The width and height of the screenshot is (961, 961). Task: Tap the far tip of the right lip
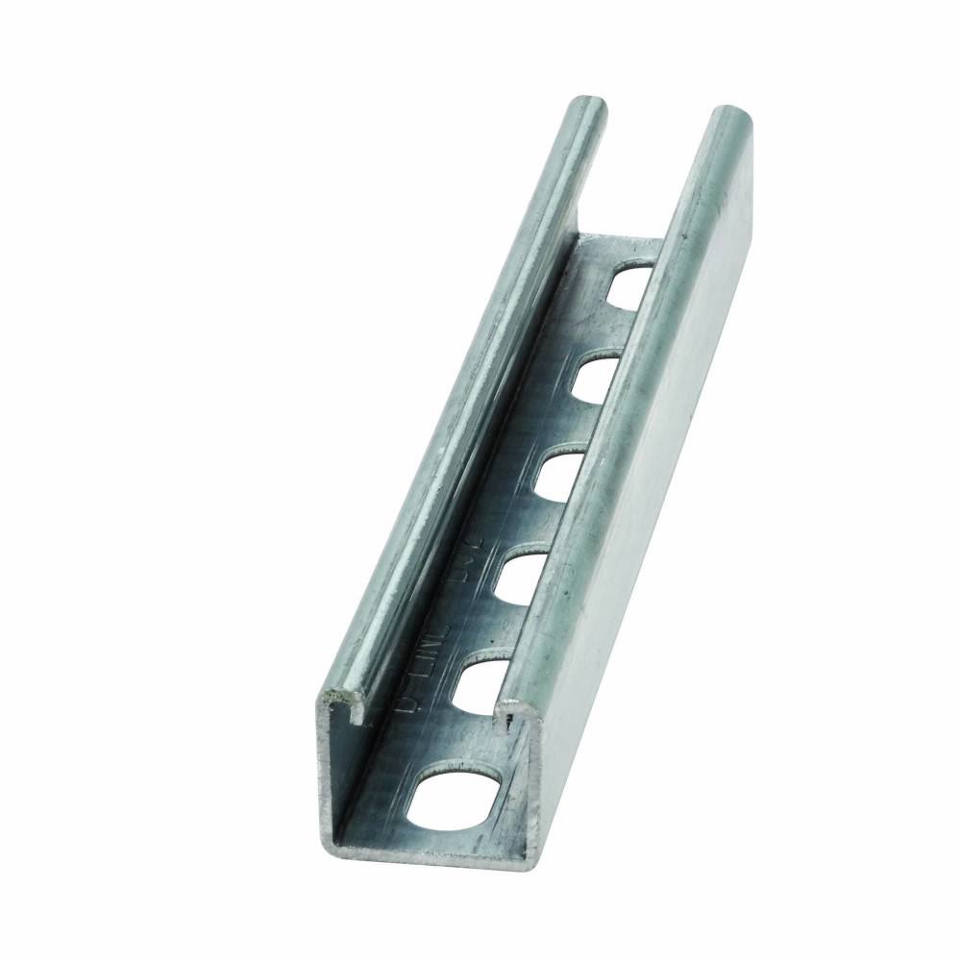coord(730,113)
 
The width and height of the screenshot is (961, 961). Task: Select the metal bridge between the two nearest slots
coord(470,735)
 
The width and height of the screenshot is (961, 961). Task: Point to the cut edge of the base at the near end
coord(423,845)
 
